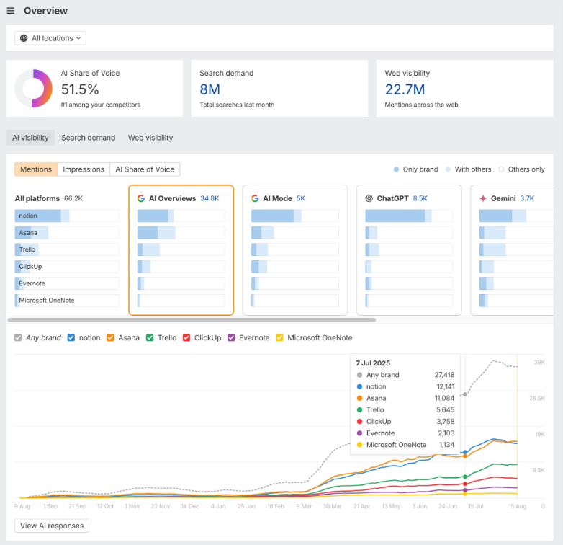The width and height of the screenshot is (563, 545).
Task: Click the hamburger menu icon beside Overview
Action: coord(11,11)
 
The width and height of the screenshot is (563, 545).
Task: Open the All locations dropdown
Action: coord(50,38)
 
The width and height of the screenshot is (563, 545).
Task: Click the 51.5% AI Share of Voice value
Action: coord(80,89)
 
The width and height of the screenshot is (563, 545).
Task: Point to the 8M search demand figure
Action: coord(210,89)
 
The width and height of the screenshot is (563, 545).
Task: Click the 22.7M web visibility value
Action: coord(405,89)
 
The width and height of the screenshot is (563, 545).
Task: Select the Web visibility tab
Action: coord(150,138)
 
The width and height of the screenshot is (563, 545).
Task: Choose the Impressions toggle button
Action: coord(84,169)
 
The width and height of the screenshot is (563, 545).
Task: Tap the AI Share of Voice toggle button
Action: coord(145,169)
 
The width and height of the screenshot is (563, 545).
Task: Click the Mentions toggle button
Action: coord(36,169)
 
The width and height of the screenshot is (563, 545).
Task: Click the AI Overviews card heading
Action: coord(172,198)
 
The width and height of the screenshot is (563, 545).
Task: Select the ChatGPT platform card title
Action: coord(392,198)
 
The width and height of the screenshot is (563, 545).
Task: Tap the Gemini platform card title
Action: coord(503,198)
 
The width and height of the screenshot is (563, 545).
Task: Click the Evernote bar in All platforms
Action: coord(67,283)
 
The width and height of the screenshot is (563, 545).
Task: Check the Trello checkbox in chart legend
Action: coord(150,337)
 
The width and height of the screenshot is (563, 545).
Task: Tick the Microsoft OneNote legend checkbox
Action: coord(279,337)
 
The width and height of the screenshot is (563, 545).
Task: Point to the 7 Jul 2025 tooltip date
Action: coord(373,363)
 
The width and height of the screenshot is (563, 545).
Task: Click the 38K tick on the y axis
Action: coord(538,362)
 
